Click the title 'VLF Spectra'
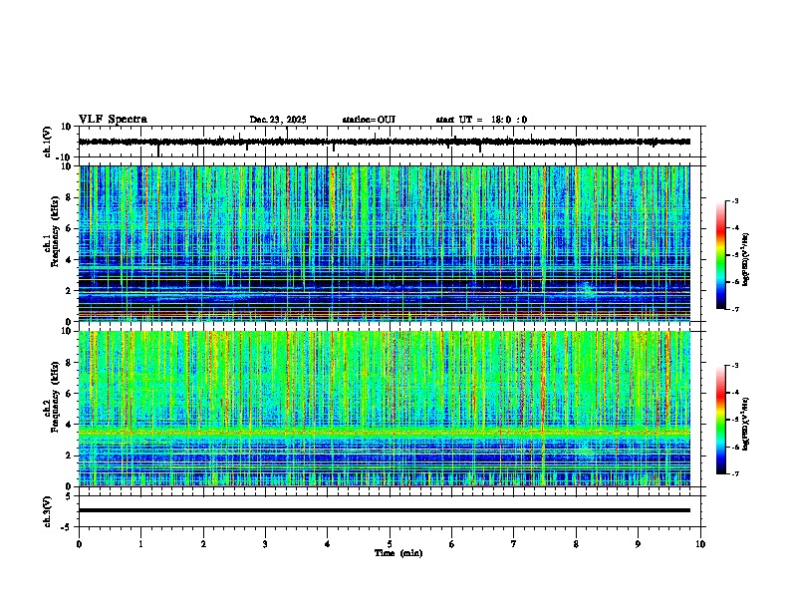pos(113,120)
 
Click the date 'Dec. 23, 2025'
pos(278,120)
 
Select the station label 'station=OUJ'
pos(369,120)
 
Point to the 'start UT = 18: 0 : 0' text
pos(481,120)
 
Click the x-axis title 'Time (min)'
pos(397,552)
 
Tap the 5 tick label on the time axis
pos(390,544)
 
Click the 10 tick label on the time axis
pos(700,544)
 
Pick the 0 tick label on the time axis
pos(79,544)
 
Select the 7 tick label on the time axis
pos(514,544)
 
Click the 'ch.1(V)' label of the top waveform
pos(48,143)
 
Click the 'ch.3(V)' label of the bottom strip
pos(48,509)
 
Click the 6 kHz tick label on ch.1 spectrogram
pos(70,228)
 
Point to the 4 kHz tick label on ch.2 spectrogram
pos(70,425)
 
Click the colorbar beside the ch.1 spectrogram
pos(722,256)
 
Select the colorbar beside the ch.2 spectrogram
pos(722,421)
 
